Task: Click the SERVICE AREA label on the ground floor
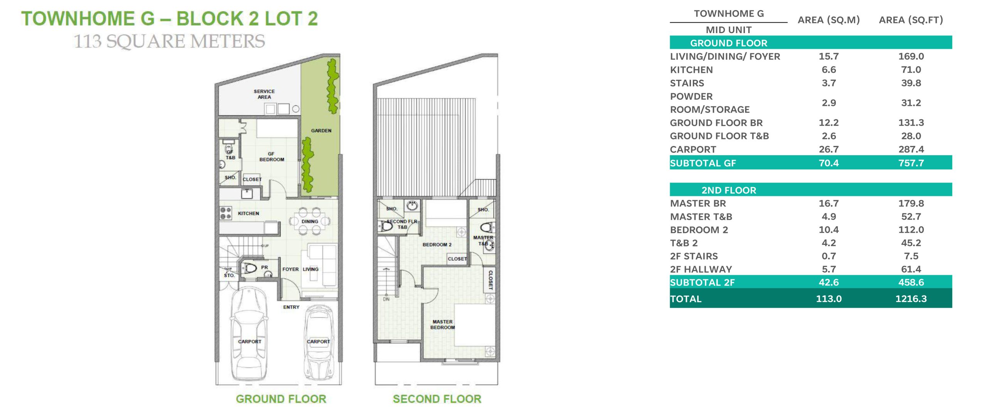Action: click(264, 94)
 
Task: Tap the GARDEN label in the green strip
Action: click(321, 131)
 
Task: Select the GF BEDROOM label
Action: click(271, 156)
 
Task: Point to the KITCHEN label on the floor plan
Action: click(248, 213)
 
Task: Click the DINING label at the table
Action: click(310, 221)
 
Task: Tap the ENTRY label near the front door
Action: click(291, 307)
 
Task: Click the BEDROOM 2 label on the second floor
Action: click(437, 245)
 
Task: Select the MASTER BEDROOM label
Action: click(443, 324)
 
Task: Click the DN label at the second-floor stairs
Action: click(386, 299)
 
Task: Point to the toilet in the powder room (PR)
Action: click(249, 268)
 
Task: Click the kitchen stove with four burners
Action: click(226, 213)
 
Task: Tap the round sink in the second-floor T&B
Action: click(412, 205)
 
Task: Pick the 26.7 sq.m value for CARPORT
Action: click(829, 149)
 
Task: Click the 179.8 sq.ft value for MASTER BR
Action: click(911, 203)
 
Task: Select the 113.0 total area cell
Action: click(829, 299)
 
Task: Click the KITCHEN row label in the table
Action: click(691, 70)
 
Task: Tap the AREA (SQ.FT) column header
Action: click(911, 20)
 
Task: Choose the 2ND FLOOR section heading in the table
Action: click(729, 190)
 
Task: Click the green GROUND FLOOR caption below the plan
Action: click(281, 399)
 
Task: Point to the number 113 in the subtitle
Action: click(88, 42)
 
